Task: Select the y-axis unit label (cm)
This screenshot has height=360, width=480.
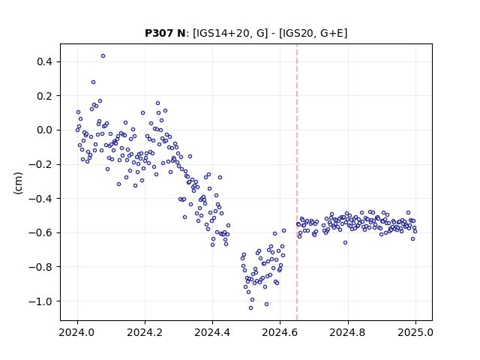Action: coord(18,183)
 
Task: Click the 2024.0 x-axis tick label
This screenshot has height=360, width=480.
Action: coord(77,332)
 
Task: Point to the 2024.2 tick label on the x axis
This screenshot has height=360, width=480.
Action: coord(145,332)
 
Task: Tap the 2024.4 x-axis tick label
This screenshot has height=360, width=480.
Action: coord(212,332)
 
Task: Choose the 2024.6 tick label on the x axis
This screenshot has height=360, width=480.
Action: coord(280,332)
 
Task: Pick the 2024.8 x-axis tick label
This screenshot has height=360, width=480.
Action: coord(348,332)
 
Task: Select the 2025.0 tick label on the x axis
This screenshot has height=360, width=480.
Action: coord(415,332)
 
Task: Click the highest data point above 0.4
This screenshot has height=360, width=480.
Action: coord(103,56)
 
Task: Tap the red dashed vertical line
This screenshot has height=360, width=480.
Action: coord(297,182)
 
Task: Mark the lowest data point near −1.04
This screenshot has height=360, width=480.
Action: coord(250,308)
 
